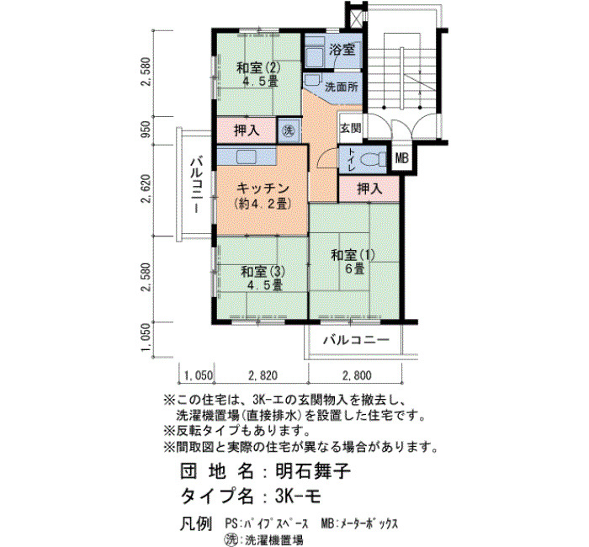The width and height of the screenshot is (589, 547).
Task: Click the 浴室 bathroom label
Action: coord(342,50)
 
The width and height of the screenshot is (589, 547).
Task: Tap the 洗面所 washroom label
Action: coord(342,88)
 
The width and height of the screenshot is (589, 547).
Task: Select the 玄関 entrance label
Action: coord(351,129)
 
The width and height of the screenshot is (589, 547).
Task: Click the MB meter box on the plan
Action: coord(402,158)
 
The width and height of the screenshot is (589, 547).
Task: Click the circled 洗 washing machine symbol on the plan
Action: coord(289,130)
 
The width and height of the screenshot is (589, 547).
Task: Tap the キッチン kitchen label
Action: coord(263,188)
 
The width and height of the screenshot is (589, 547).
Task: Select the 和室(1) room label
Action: coord(353,256)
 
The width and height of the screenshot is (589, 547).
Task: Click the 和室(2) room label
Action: coord(258,68)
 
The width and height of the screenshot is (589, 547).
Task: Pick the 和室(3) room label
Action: coord(263,272)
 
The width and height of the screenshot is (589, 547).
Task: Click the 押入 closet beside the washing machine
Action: coord(247,130)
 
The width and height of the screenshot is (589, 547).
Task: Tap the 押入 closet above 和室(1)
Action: coord(369,189)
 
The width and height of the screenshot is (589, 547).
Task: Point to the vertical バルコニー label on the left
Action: coord(197,186)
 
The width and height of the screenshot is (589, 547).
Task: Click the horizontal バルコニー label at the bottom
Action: coord(356,340)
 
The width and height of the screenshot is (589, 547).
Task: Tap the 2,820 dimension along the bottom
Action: coord(263,375)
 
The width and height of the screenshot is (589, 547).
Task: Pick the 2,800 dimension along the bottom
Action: coord(357,375)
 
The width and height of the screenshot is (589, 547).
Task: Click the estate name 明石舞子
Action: coord(313,470)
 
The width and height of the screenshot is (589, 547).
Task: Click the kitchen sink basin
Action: coord(247,157)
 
